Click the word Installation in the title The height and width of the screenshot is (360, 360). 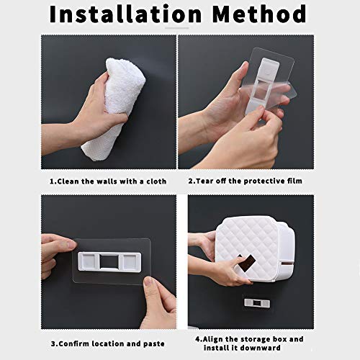125,14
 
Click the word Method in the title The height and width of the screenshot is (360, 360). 260,14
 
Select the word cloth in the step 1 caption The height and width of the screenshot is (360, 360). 156,181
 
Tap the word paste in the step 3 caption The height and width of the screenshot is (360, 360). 154,344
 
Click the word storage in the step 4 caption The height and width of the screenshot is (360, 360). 256,340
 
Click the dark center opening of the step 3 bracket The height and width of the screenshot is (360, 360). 107,261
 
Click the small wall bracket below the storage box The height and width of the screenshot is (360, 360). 257,303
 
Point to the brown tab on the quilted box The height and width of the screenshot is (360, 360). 248,264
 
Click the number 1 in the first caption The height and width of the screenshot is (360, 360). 52,181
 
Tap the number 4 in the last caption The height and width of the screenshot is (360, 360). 198,340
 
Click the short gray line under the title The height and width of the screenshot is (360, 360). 177,28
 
